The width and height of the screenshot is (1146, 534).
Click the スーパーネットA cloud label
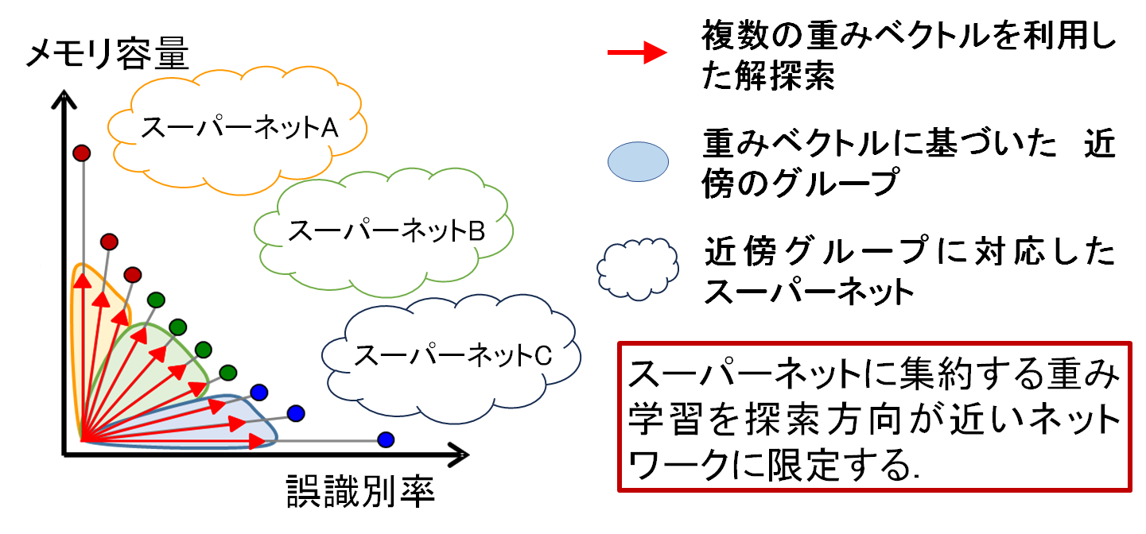pyautogui.click(x=239, y=127)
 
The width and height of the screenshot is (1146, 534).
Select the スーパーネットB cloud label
pyautogui.click(x=387, y=230)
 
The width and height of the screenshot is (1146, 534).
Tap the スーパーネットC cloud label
pyautogui.click(x=453, y=355)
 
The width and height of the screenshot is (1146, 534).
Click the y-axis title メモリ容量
pyautogui.click(x=108, y=53)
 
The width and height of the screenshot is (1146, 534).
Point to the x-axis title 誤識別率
pyautogui.click(x=361, y=492)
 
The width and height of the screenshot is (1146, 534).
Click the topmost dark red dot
pyautogui.click(x=82, y=153)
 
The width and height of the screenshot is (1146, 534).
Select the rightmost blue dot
pyautogui.click(x=386, y=439)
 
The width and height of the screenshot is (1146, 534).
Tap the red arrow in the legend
pyautogui.click(x=638, y=52)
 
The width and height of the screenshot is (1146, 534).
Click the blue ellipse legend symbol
pyautogui.click(x=638, y=161)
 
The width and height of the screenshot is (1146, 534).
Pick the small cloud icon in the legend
pyautogui.click(x=638, y=269)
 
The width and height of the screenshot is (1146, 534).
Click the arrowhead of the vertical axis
pyautogui.click(x=64, y=99)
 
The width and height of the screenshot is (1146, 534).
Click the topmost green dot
pyautogui.click(x=156, y=300)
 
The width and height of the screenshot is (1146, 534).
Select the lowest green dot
pyautogui.click(x=228, y=373)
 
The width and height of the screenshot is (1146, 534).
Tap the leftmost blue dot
pyautogui.click(x=259, y=393)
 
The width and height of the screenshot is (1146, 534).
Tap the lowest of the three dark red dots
pyautogui.click(x=133, y=275)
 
